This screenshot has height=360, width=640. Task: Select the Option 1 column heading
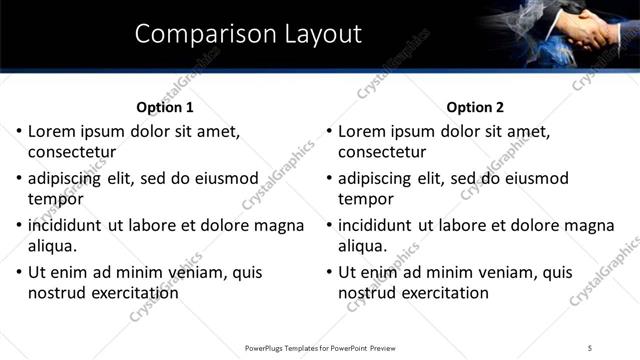coord(164,107)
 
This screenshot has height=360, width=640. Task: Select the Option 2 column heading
coord(475,107)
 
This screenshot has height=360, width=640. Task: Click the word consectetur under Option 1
coord(72,153)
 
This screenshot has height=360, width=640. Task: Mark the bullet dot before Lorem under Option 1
coord(19,131)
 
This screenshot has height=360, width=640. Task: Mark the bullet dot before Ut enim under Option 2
coord(329,271)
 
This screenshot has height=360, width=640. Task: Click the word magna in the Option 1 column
coord(279,225)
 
